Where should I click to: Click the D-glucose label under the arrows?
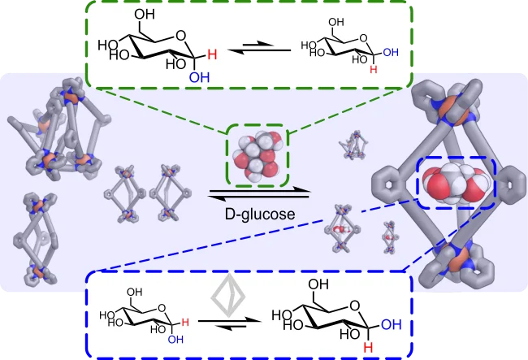pos(260,215)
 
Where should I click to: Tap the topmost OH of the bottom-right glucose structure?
pos(319,285)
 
